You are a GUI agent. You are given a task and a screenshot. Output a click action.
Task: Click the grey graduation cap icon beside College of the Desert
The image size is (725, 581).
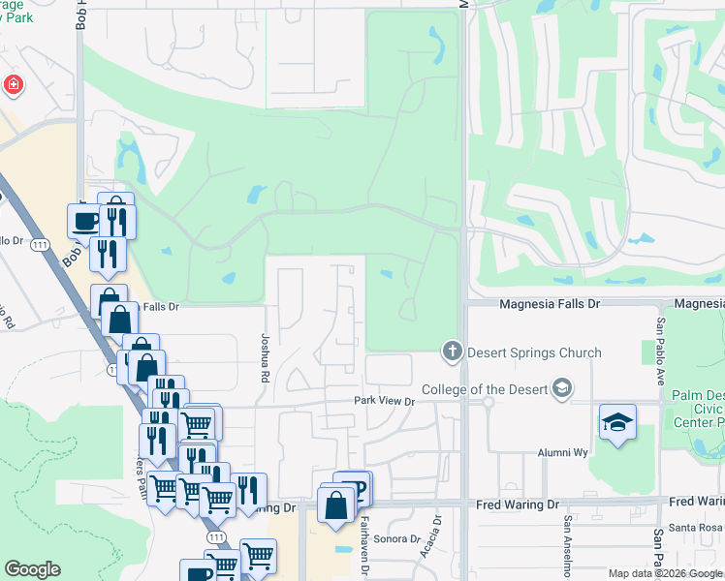click(560, 389)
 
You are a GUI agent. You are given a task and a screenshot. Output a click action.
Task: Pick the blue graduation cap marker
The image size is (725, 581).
click(617, 423)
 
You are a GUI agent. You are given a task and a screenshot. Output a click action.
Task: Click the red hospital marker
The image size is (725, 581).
click(13, 85)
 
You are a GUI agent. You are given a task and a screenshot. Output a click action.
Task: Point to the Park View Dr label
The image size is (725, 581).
click(384, 401)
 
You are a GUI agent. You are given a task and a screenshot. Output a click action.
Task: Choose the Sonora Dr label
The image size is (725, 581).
click(400, 538)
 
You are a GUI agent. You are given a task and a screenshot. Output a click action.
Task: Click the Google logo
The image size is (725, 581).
click(32, 569)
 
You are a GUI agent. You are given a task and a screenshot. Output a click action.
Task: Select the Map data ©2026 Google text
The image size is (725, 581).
click(666, 573)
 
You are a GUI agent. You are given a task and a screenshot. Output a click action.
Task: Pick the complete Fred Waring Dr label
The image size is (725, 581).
click(517, 505)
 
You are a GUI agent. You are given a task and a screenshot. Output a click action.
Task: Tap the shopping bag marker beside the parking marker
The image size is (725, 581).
click(335, 505)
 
